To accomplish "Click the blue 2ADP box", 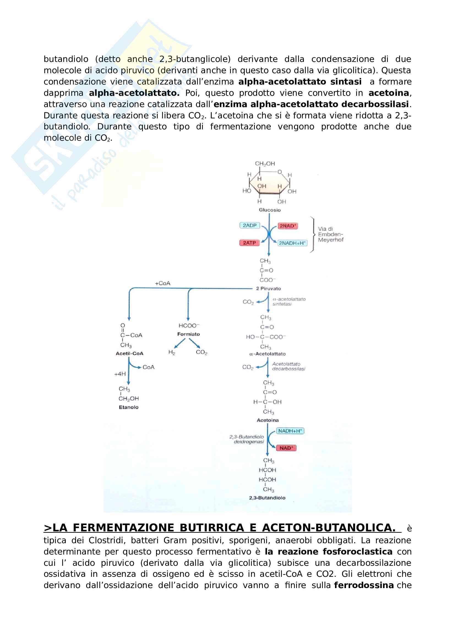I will click(x=249, y=225).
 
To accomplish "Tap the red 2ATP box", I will click(x=249, y=243).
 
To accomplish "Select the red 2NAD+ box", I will click(x=288, y=226).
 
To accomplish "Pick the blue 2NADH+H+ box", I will click(x=292, y=243).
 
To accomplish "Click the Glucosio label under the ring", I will click(x=269, y=210).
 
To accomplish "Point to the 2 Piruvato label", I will click(x=268, y=288).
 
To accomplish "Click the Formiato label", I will click(x=188, y=334).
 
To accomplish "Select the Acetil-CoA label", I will click(x=130, y=354).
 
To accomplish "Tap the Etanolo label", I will click(x=129, y=407).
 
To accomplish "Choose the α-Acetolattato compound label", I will click(x=268, y=354).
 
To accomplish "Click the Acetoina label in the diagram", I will click(x=268, y=420).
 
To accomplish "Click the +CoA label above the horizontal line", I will click(x=163, y=283).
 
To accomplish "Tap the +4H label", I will click(x=120, y=374).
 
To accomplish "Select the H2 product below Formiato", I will click(x=171, y=352).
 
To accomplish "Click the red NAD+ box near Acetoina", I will click(x=286, y=448).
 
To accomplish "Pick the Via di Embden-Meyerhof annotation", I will click(x=330, y=234).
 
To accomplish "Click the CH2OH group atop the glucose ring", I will click(x=265, y=164).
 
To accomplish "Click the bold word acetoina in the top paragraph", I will click(x=389, y=93).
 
